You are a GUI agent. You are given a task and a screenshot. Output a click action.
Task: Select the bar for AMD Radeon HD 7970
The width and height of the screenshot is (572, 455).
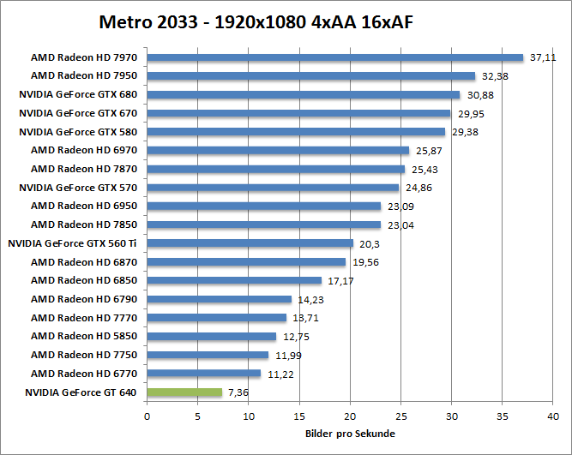pyautogui.click(x=334, y=57)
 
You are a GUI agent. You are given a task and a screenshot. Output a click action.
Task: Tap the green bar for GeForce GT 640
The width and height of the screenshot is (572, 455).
pyautogui.click(x=184, y=392)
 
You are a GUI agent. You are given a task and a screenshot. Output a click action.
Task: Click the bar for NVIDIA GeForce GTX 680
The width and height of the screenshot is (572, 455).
pyautogui.click(x=304, y=94)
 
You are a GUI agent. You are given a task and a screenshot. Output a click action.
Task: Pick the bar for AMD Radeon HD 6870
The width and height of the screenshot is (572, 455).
pyautogui.click(x=246, y=262)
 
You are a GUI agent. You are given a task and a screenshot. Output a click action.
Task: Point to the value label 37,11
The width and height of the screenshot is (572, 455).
pyautogui.click(x=542, y=57)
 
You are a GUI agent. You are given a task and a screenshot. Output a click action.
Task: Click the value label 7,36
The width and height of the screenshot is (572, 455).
pyautogui.click(x=239, y=392)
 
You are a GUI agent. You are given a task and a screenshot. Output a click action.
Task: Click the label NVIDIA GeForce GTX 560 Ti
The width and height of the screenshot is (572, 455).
pyautogui.click(x=73, y=243)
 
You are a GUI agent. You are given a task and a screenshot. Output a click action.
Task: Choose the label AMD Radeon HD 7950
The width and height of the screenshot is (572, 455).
pyautogui.click(x=84, y=75)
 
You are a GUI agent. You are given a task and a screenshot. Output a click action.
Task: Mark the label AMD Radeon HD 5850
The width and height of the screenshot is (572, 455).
pyautogui.click(x=84, y=336)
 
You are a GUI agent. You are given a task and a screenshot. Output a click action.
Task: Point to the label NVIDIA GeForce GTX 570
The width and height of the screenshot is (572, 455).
pyautogui.click(x=78, y=187)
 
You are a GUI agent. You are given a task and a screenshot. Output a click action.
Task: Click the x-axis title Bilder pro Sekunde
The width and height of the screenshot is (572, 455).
pyautogui.click(x=347, y=434)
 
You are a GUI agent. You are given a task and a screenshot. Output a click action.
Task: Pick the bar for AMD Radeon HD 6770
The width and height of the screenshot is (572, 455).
pyautogui.click(x=204, y=374)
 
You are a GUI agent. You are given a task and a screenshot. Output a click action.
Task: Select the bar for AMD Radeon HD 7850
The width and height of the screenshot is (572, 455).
pyautogui.click(x=264, y=225)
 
